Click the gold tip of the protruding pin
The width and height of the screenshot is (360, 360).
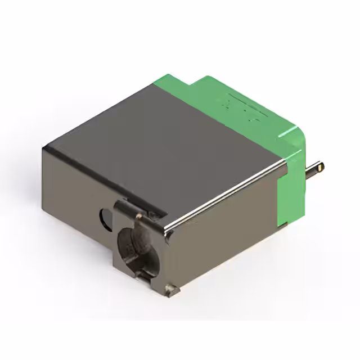[319, 167]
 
